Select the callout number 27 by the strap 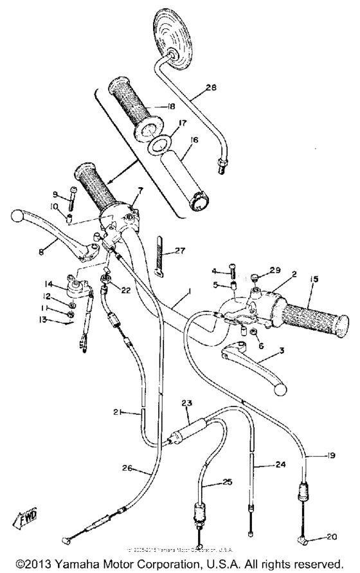click(x=178, y=252)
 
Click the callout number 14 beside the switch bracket click(x=48, y=284)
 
